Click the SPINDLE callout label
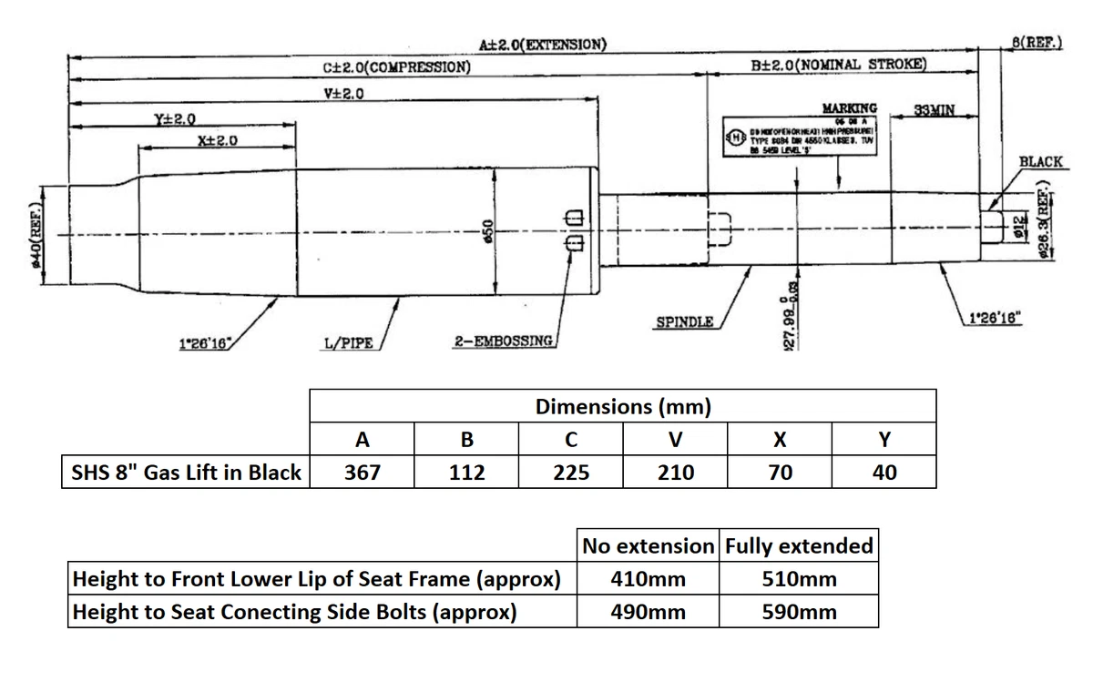point(683,322)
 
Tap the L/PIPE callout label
point(349,342)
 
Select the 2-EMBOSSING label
point(504,341)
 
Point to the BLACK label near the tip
point(1040,161)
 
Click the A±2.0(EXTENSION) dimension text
point(537,44)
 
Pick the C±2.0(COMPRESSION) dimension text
point(397,66)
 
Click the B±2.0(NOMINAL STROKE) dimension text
point(839,65)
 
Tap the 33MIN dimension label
point(934,110)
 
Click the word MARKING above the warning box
point(849,107)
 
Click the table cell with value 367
point(363,473)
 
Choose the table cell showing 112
point(466,473)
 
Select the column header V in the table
point(675,440)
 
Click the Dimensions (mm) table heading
point(623,406)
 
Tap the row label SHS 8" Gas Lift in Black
point(187,473)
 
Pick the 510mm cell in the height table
point(799,579)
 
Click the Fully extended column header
point(799,546)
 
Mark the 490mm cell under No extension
point(648,612)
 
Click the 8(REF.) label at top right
point(1037,43)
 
